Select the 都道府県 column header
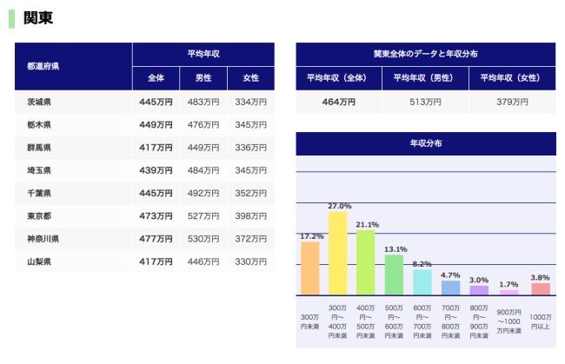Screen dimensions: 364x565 (x=43, y=66)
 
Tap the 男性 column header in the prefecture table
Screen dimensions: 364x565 (x=203, y=78)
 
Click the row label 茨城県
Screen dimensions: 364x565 (x=39, y=103)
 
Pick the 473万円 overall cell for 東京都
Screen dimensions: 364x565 (x=156, y=215)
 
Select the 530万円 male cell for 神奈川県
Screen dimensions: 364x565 (x=203, y=238)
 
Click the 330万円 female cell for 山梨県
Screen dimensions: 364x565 (x=250, y=261)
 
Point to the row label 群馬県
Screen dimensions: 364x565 (x=39, y=148)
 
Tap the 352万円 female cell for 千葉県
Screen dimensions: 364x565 (x=250, y=193)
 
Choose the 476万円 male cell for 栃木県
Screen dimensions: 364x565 (x=203, y=125)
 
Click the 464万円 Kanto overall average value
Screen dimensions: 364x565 (x=338, y=102)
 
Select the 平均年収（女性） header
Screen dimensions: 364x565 (x=512, y=77)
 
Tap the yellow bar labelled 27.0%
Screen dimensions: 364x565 (x=338, y=253)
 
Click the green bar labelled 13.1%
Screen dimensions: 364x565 (x=395, y=275)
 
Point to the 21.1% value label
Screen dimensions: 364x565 (x=367, y=224)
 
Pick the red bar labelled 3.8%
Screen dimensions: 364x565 (x=540, y=288)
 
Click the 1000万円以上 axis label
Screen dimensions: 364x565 (x=540, y=321)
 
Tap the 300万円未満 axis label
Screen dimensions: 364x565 (x=309, y=321)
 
